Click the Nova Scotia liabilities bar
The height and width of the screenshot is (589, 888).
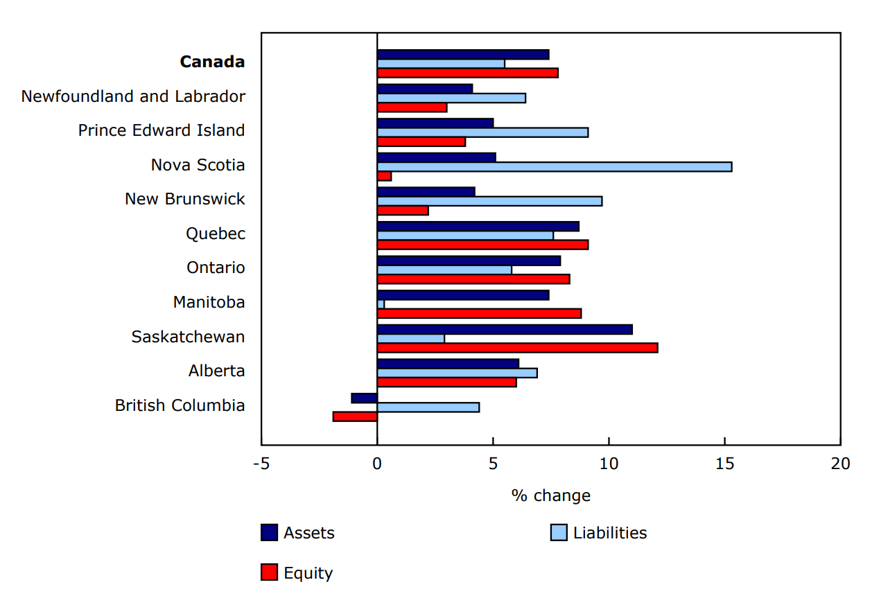pyautogui.click(x=554, y=166)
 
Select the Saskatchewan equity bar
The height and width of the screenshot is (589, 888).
pyautogui.click(x=517, y=348)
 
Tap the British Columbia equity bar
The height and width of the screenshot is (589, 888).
pyautogui.click(x=355, y=416)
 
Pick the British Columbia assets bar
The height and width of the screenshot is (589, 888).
pyautogui.click(x=365, y=398)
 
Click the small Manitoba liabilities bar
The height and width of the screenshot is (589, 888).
pyautogui.click(x=381, y=304)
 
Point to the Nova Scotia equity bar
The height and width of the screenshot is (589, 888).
pyautogui.click(x=384, y=176)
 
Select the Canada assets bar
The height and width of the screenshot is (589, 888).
pyautogui.click(x=463, y=54)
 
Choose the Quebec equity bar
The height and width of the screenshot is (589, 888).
pyautogui.click(x=482, y=245)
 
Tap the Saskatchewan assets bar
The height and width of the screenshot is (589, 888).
pyautogui.click(x=505, y=329)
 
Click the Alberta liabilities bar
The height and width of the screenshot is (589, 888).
pyautogui.click(x=457, y=373)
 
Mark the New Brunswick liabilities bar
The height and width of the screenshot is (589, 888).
pyautogui.click(x=489, y=201)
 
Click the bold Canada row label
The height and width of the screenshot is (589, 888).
pyautogui.click(x=212, y=62)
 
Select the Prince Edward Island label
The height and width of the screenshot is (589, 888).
pyautogui.click(x=162, y=130)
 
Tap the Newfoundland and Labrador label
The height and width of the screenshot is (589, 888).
pyautogui.click(x=133, y=96)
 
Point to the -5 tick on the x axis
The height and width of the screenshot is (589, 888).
pyautogui.click(x=261, y=464)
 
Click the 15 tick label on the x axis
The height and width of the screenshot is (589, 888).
pyautogui.click(x=724, y=464)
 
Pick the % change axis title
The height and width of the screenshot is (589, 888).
pyautogui.click(x=550, y=495)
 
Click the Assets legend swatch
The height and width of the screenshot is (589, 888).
pyautogui.click(x=269, y=532)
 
